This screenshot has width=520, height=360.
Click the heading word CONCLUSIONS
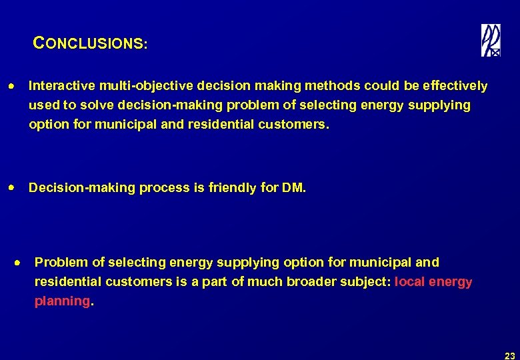(x=90, y=45)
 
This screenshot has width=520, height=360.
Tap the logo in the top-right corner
(x=491, y=41)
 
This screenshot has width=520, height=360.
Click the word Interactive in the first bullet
(x=62, y=86)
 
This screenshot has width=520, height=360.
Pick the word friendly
(x=234, y=188)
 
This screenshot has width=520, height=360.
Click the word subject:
(x=367, y=282)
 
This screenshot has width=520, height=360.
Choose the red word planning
(x=62, y=301)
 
